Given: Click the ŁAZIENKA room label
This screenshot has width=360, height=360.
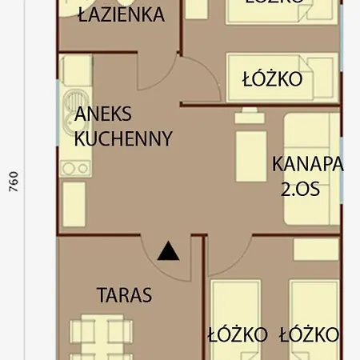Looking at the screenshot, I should click(x=122, y=14).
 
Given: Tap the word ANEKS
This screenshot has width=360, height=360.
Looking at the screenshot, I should click(x=102, y=114).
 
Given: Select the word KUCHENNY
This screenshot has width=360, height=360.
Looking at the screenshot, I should click(x=122, y=138).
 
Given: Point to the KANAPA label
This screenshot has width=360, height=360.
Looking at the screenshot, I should click(x=307, y=164).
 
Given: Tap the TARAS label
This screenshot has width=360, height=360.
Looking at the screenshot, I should click(x=124, y=294).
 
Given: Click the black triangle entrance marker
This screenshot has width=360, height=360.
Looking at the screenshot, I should click(x=167, y=252).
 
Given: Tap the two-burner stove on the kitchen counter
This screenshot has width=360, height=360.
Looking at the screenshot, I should click(x=74, y=167).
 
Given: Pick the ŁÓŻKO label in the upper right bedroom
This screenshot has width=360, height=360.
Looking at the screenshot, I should click(x=271, y=79).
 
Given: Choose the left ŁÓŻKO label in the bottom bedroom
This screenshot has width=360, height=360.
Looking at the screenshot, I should click(x=237, y=334).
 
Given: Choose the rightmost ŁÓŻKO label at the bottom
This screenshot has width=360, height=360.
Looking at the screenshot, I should click(x=310, y=334).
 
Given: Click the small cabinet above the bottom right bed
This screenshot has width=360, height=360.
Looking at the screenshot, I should click(x=315, y=249).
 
